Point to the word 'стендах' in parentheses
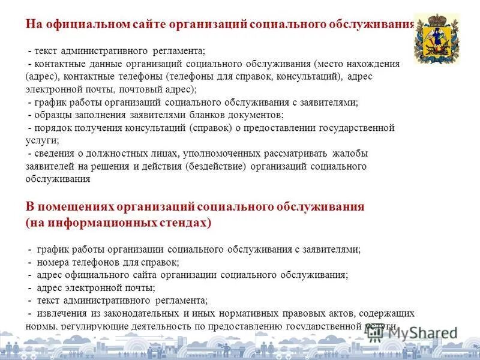click(x=183, y=223)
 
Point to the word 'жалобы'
click(x=347, y=153)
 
